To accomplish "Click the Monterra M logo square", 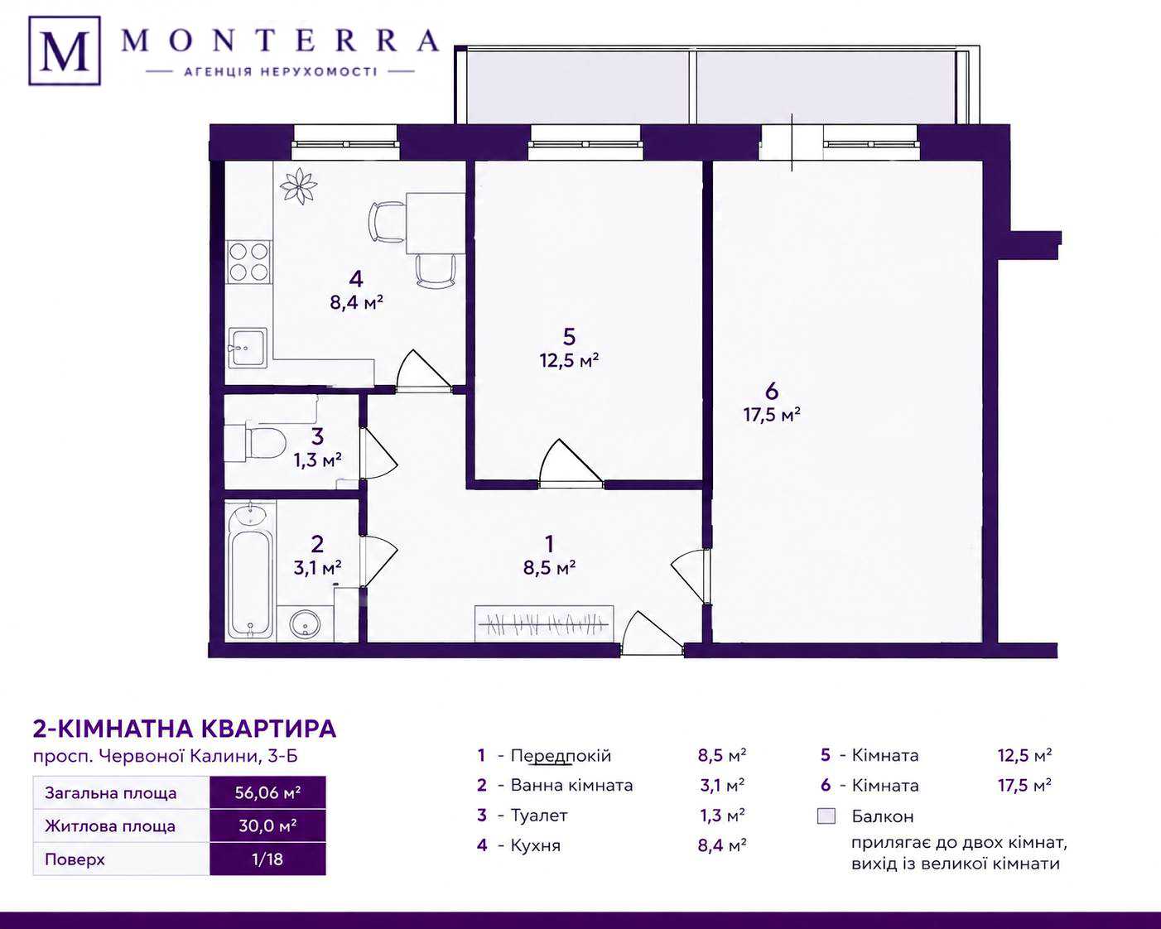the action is [65, 51].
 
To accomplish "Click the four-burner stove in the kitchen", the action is [248, 262].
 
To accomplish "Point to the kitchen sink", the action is [248, 348].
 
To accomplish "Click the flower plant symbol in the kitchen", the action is [298, 185].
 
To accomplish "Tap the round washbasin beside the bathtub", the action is [306, 625].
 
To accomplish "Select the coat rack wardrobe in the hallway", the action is [544, 623].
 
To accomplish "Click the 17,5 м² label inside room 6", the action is [772, 415].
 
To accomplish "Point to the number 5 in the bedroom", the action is [569, 337].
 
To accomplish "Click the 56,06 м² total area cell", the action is [267, 792].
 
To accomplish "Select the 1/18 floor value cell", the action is [267, 859].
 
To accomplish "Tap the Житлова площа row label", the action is [110, 826].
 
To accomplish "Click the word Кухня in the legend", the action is [536, 845].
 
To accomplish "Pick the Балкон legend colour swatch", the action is [826, 816].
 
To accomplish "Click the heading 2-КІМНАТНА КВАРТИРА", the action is [185, 729].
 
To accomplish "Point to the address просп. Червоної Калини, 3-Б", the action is [166, 756].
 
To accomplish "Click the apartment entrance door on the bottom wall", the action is [652, 633].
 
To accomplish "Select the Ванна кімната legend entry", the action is [572, 785].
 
